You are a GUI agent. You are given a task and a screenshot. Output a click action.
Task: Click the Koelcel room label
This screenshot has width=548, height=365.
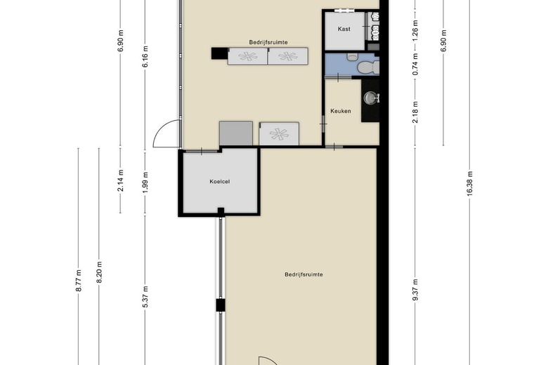click(x=220, y=182)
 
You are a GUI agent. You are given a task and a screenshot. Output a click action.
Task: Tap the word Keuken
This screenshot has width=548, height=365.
click(x=341, y=111)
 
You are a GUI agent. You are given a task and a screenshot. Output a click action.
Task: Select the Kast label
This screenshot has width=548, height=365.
click(x=344, y=29)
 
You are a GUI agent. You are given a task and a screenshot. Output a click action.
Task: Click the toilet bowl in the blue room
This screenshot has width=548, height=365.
click(x=366, y=67)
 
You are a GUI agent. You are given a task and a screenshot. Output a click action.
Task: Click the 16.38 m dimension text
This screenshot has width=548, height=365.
click(x=469, y=183)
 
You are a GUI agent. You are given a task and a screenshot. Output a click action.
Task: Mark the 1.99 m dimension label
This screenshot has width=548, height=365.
click(x=145, y=182)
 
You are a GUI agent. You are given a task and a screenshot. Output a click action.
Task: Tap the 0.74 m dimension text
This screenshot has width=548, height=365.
click(x=415, y=65)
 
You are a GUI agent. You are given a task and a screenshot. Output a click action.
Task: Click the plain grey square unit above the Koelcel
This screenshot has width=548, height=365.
click(x=235, y=133)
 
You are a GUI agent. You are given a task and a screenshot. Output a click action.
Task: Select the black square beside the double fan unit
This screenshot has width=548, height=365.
click(x=218, y=52)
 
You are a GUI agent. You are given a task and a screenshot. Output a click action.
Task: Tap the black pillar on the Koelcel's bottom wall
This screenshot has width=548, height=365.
click(x=221, y=211)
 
